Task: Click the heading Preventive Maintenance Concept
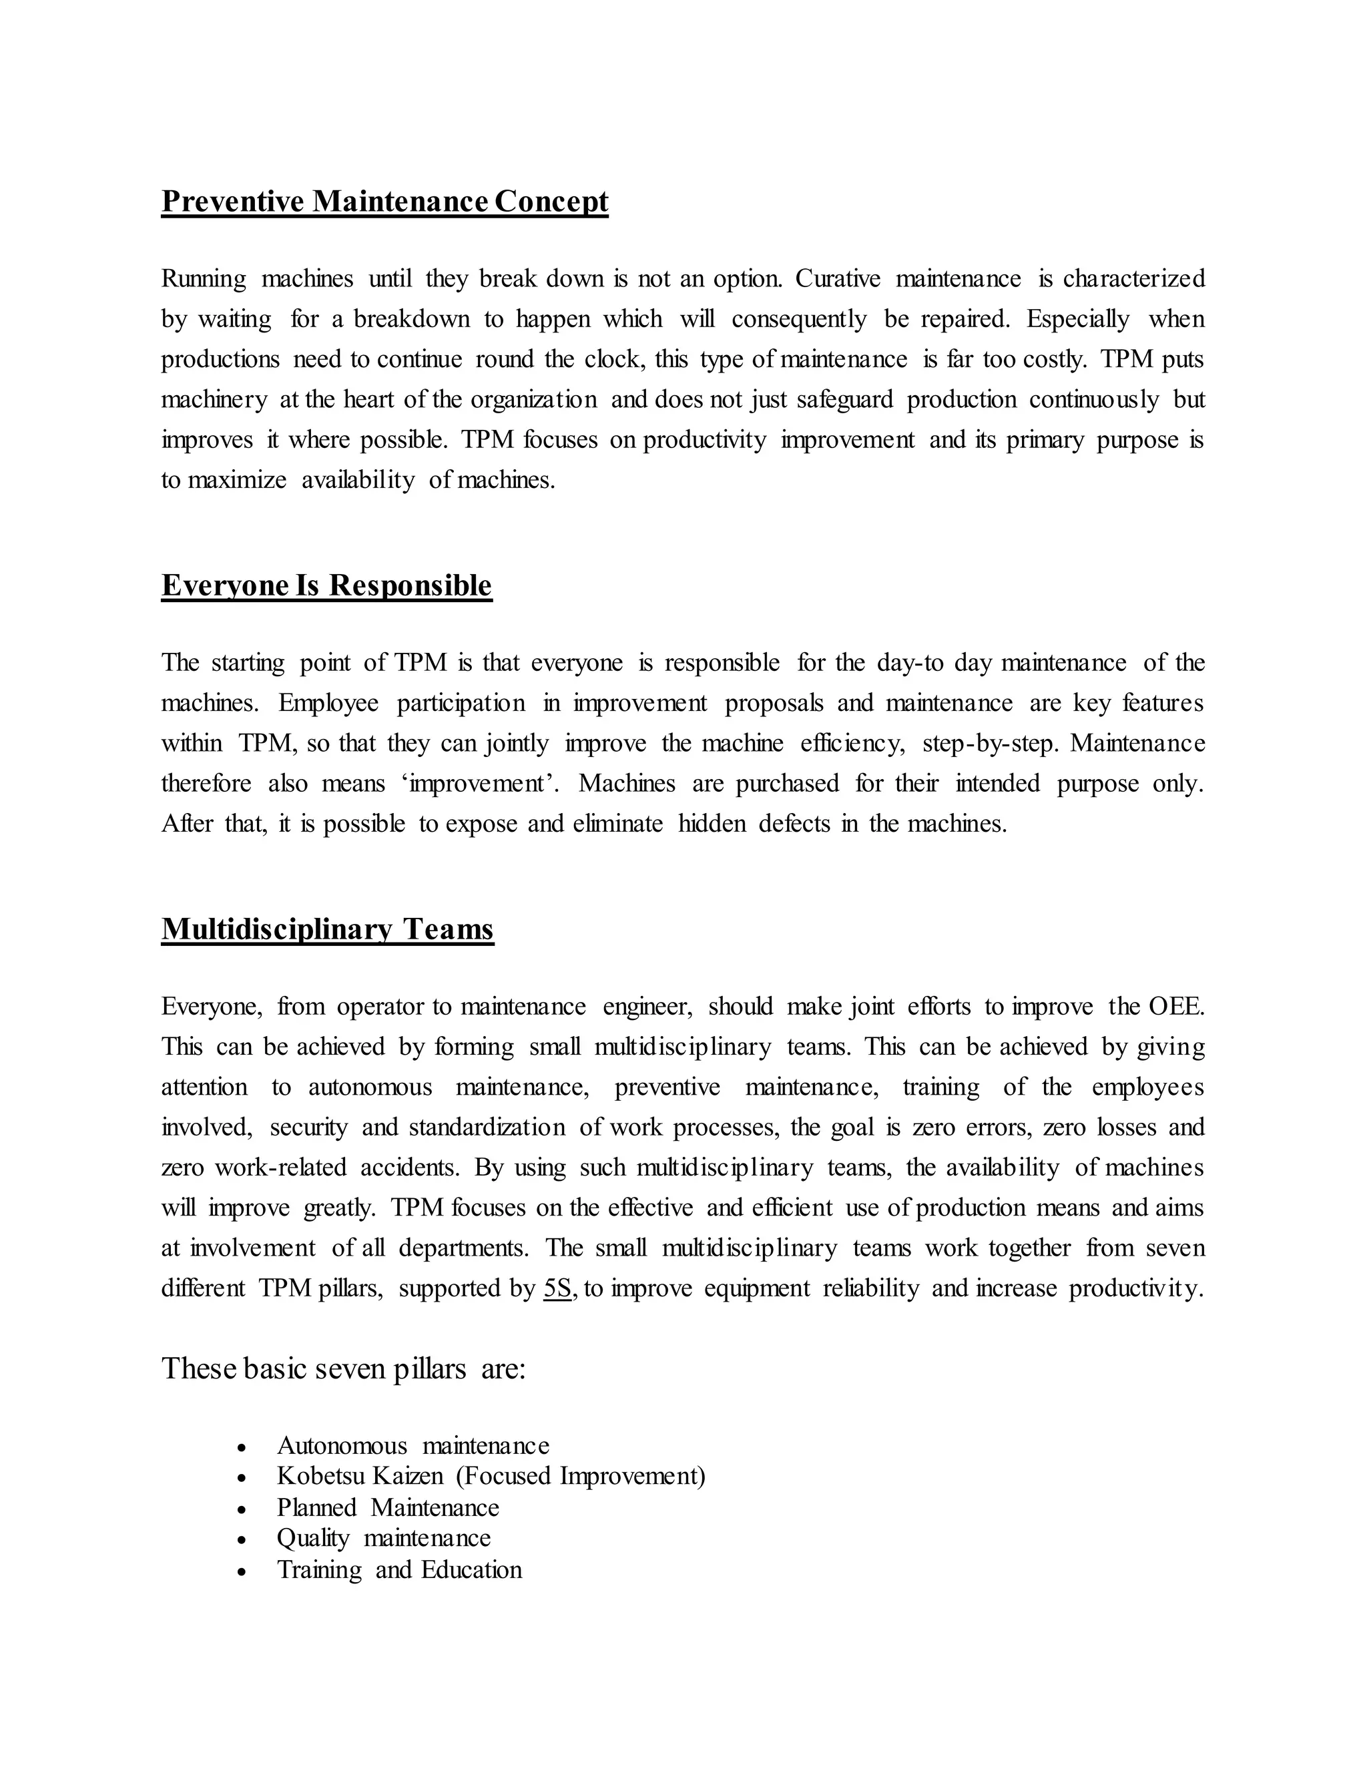coord(384,201)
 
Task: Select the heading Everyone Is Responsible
coord(326,585)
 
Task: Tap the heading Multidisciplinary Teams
coord(327,929)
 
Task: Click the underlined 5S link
coord(558,1288)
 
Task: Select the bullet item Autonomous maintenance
coord(413,1445)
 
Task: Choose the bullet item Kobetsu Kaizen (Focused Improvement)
coord(491,1476)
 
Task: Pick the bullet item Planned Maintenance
coord(388,1507)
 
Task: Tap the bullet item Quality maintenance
coord(384,1538)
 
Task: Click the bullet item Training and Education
coord(399,1570)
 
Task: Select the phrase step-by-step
coord(990,743)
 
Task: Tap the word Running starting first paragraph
coord(204,278)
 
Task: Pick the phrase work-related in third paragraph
coord(280,1167)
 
